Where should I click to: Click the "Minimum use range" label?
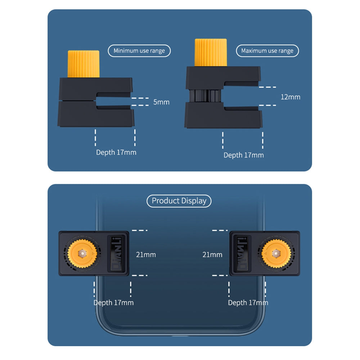point(139,51)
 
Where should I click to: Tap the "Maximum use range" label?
point(267,51)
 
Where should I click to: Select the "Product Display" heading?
point(179,201)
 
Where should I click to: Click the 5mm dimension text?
point(161,102)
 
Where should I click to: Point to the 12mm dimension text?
point(291,97)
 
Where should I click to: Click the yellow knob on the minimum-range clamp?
point(84,64)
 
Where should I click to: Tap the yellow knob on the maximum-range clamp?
point(211,53)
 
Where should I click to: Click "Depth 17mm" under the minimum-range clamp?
point(116,152)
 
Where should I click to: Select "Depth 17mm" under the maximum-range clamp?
point(244,155)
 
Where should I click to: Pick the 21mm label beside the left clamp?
point(146,255)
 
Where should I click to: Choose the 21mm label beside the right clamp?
point(212,255)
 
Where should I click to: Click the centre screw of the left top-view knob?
point(82,253)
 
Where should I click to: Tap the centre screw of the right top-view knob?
point(276,253)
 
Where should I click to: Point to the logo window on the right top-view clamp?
point(242,253)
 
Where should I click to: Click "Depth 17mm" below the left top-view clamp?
point(113,303)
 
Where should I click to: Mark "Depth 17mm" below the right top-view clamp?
point(248,303)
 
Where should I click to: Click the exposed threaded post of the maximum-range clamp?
point(205,96)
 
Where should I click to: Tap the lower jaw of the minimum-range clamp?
point(96,114)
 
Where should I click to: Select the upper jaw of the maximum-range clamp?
point(223,78)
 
